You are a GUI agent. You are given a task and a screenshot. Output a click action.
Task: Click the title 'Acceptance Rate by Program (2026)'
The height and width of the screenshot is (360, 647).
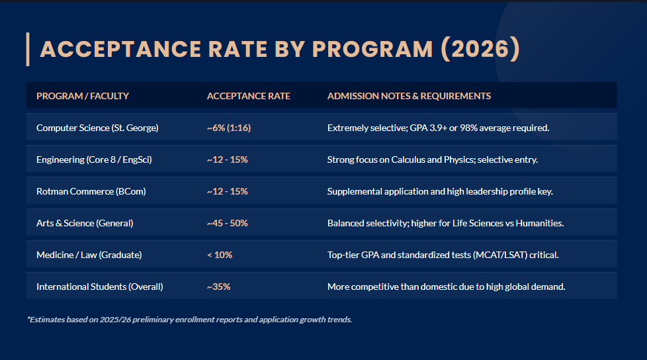pyautogui.click(x=279, y=50)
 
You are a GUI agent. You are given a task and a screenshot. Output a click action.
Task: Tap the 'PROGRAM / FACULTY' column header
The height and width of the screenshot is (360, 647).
pyautogui.click(x=83, y=96)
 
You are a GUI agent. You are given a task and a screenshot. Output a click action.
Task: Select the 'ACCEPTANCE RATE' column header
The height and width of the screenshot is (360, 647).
pyautogui.click(x=248, y=96)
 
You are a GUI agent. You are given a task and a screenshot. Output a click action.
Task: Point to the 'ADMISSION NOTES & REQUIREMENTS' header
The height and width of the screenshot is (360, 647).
pyautogui.click(x=409, y=96)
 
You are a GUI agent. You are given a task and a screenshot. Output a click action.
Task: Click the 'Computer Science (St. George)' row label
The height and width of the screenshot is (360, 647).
pyautogui.click(x=97, y=128)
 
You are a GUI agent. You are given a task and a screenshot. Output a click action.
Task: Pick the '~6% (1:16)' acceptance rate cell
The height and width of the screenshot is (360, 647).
pyautogui.click(x=228, y=128)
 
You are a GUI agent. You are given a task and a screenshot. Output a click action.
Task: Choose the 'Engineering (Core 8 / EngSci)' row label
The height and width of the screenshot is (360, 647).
pyautogui.click(x=99, y=159)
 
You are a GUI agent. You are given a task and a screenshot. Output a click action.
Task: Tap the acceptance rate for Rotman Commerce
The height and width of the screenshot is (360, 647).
pyautogui.click(x=227, y=191)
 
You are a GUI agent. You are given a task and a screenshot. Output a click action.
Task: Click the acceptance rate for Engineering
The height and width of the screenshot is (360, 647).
pyautogui.click(x=227, y=159)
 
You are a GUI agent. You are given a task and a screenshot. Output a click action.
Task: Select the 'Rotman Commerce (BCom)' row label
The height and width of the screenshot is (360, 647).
pyautogui.click(x=91, y=191)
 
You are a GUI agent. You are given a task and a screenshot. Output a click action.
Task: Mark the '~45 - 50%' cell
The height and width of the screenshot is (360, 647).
pyautogui.click(x=227, y=223)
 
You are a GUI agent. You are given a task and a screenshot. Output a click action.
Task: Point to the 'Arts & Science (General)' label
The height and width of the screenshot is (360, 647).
pyautogui.click(x=85, y=223)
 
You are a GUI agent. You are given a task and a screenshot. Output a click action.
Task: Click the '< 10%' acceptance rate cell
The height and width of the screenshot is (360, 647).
pyautogui.click(x=219, y=255)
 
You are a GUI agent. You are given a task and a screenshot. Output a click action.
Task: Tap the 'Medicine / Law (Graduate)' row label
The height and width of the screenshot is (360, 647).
pyautogui.click(x=89, y=255)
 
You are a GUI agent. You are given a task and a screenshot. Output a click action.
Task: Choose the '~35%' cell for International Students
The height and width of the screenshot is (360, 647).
pyautogui.click(x=218, y=287)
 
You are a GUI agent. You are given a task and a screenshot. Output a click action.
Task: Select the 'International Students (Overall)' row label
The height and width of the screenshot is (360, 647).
pyautogui.click(x=99, y=287)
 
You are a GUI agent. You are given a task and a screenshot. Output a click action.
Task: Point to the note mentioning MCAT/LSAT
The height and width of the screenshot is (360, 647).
pyautogui.click(x=443, y=255)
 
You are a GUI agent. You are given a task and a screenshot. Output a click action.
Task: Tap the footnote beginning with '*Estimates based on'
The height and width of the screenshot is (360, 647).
pyautogui.click(x=189, y=319)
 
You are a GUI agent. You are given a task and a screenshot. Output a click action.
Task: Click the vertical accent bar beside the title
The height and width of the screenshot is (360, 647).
pyautogui.click(x=28, y=49)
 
